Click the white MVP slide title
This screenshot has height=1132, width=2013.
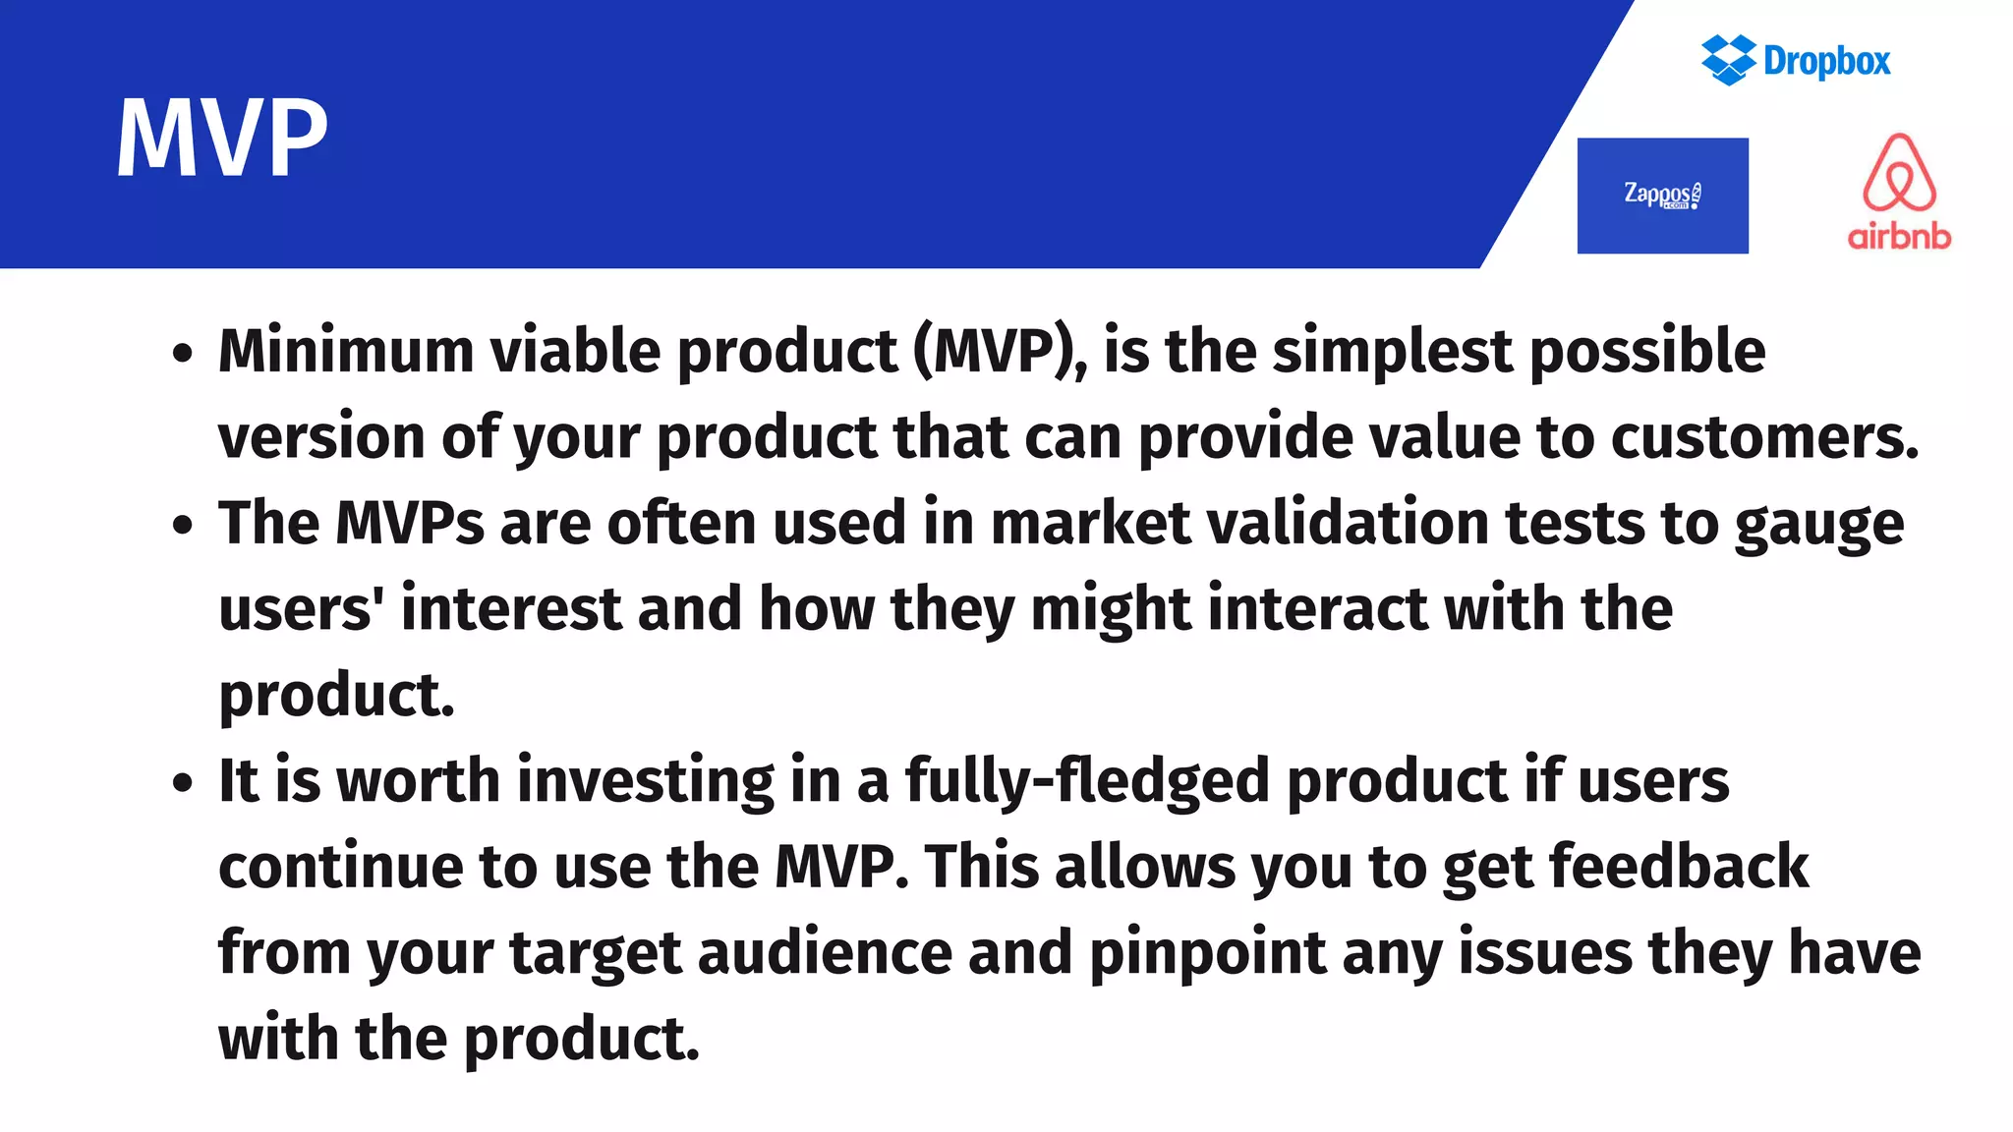[222, 138]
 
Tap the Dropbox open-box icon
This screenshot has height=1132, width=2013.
[1728, 60]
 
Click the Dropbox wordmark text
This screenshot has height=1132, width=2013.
[1826, 61]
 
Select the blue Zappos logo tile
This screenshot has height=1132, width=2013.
[1662, 196]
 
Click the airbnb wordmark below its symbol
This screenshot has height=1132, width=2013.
[1899, 237]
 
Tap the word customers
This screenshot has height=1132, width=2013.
[1763, 437]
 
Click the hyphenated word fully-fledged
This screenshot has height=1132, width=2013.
[1087, 783]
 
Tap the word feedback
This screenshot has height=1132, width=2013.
[1678, 867]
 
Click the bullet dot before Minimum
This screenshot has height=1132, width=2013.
[182, 353]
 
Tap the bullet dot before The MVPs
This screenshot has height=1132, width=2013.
[182, 525]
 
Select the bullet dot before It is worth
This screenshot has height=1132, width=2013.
[182, 783]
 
